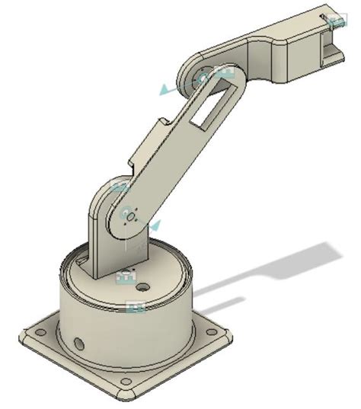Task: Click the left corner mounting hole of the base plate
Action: point(34,333)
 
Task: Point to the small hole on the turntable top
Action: point(143,289)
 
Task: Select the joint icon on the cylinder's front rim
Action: point(136,307)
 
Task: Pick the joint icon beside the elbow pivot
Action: point(223,72)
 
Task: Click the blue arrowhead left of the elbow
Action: point(165,90)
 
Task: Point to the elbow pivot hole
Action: point(203,78)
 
